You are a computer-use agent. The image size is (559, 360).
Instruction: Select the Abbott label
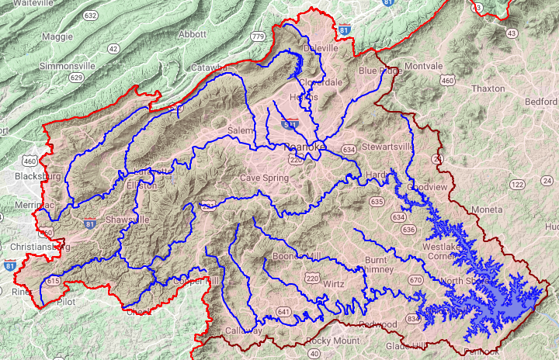click(192, 35)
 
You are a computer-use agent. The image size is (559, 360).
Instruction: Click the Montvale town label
click(422, 65)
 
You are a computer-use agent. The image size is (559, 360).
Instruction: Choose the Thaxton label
click(488, 88)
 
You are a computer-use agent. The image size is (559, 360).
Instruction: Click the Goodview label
click(429, 188)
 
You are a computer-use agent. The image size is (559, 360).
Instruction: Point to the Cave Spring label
click(263, 178)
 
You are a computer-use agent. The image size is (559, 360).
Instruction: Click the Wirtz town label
click(334, 284)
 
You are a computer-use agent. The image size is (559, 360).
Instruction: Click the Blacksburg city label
click(37, 176)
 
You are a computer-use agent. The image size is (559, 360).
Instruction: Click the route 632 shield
click(91, 15)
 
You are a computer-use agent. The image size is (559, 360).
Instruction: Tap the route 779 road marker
click(259, 36)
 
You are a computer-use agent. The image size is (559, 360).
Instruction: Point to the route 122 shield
click(517, 184)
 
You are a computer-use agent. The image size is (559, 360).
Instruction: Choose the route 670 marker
click(415, 279)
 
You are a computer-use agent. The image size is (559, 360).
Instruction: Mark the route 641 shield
click(283, 313)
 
